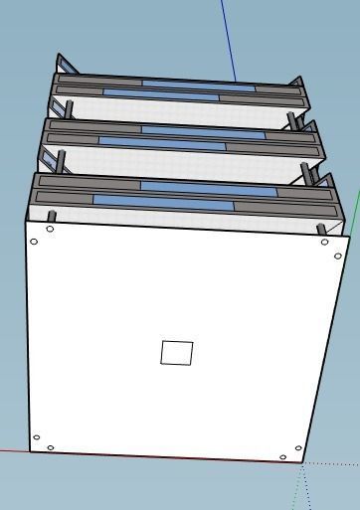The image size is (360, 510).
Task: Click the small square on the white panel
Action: tap(176, 352)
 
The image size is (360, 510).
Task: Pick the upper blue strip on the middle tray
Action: tap(203, 130)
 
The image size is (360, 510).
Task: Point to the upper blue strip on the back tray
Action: tap(198, 85)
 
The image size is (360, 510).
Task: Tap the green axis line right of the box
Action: tap(354, 214)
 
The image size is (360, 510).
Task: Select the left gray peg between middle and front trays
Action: tap(61, 160)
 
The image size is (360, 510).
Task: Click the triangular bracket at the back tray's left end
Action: tap(65, 66)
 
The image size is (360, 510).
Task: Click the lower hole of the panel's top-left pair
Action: tap(35, 241)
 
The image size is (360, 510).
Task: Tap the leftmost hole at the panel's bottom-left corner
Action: tap(37, 436)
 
